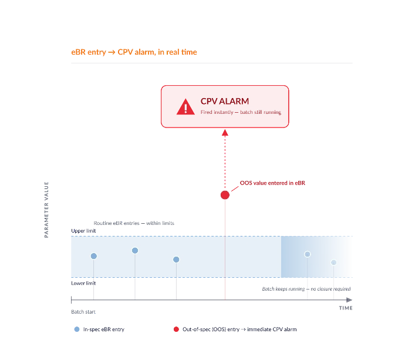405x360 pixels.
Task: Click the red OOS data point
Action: point(225,195)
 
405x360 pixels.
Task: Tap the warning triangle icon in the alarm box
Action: point(185,106)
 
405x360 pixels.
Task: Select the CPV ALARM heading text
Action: point(225,101)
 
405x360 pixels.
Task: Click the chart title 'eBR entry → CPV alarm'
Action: point(134,52)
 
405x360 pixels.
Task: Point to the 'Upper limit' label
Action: point(83,231)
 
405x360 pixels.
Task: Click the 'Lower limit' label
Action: point(83,283)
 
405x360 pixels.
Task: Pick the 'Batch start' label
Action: point(83,312)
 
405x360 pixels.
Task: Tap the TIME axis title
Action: point(346,308)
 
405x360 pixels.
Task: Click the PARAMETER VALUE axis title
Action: point(46,210)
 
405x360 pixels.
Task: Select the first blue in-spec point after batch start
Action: point(94,256)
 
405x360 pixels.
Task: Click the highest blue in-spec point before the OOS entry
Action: point(135,250)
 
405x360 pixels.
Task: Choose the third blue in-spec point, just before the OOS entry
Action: point(176,260)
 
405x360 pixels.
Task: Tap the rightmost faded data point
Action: point(334,263)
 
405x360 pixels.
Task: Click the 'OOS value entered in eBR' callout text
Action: point(272,183)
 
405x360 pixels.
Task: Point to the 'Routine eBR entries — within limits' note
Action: point(134,223)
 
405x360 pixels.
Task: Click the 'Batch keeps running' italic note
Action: point(306,289)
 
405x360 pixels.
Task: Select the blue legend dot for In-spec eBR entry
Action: point(77,329)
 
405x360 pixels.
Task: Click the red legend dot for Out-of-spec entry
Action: point(176,329)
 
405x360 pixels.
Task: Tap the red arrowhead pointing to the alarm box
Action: point(225,133)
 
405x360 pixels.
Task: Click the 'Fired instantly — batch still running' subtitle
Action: point(241,112)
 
